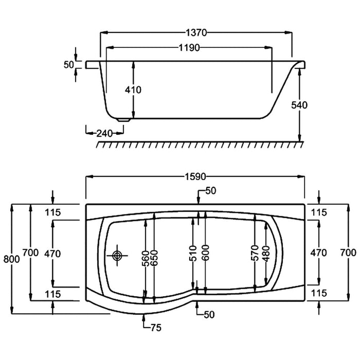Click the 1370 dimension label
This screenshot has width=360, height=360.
pyautogui.click(x=195, y=33)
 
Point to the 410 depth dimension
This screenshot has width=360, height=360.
pyautogui.click(x=133, y=89)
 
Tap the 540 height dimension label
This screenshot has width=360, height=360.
pyautogui.click(x=299, y=105)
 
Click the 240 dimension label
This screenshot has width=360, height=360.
pyautogui.click(x=104, y=133)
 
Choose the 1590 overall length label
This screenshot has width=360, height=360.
pyautogui.click(x=195, y=177)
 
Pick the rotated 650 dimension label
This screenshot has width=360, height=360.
pyautogui.click(x=154, y=255)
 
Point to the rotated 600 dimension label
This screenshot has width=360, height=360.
pyautogui.click(x=205, y=255)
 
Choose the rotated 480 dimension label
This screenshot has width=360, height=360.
pyautogui.click(x=264, y=255)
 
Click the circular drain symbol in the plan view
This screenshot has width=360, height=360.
pyautogui.click(x=118, y=255)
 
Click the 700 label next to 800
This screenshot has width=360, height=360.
pyautogui.click(x=30, y=253)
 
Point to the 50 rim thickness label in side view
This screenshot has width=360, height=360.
pyautogui.click(x=68, y=64)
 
